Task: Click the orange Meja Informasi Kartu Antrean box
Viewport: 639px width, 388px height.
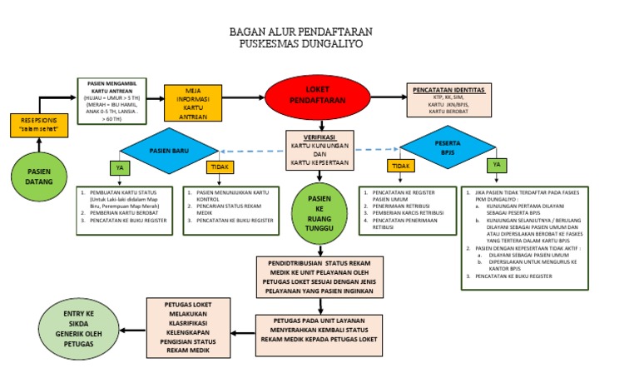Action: coord(193,104)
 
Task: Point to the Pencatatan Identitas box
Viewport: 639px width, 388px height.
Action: coord(448,100)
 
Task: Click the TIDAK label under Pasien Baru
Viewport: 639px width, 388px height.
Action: coord(218,167)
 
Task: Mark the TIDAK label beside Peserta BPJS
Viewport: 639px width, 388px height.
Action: coord(402,167)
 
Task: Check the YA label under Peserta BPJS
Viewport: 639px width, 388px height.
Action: coord(498,165)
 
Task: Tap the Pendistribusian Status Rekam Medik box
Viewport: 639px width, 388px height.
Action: coord(319,277)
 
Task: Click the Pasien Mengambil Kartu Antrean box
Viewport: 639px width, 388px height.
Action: coord(113,101)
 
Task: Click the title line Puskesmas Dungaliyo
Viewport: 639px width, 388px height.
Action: coord(300,44)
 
